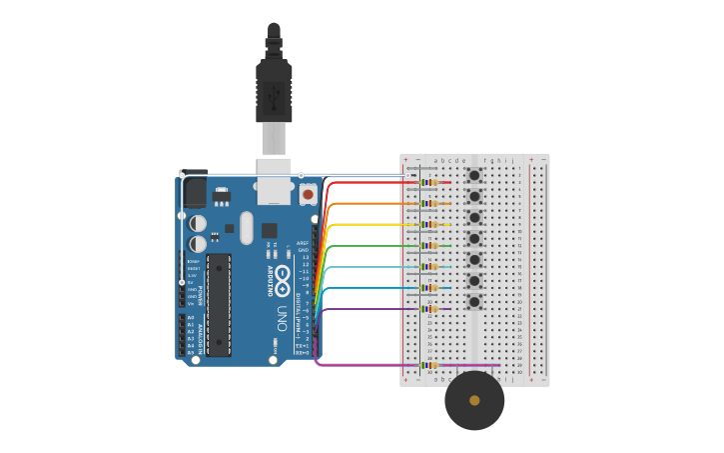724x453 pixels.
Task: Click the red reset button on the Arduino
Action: click(308, 194)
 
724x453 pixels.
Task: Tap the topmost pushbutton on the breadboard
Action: click(474, 176)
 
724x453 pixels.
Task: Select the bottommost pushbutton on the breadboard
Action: click(474, 302)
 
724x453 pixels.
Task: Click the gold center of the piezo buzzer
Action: click(474, 400)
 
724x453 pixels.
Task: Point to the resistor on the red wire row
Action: click(430, 182)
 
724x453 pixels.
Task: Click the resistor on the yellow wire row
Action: click(430, 224)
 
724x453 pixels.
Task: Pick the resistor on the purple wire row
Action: click(430, 309)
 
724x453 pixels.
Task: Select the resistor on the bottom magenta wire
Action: click(430, 365)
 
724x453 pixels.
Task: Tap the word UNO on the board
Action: click(283, 318)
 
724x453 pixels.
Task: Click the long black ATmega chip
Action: click(219, 305)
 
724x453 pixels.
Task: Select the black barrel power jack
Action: click(194, 190)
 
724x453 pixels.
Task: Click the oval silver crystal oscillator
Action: click(247, 228)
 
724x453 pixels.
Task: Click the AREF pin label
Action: click(303, 243)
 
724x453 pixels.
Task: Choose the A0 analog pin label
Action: click(191, 317)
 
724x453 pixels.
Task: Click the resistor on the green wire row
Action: click(430, 245)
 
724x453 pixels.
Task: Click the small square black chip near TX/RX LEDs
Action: click(269, 230)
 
